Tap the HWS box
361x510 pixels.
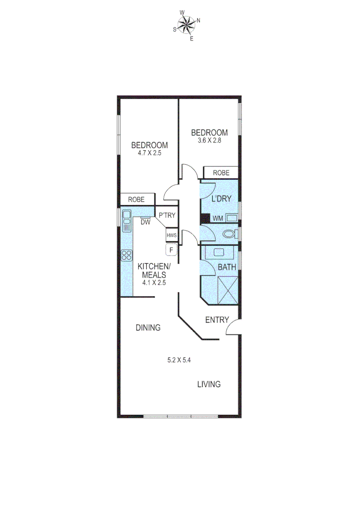click(171, 235)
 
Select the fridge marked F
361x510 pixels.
click(171, 249)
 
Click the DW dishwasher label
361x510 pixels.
click(146, 222)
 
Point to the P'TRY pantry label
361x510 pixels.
click(166, 215)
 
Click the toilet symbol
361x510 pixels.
click(230, 234)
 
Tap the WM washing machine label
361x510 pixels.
click(218, 218)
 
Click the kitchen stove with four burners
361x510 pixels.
click(127, 255)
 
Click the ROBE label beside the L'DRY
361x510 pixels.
click(221, 173)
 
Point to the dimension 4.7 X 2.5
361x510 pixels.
click(149, 153)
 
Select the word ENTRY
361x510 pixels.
click(217, 320)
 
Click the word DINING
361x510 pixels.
click(148, 327)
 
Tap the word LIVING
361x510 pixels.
click(208, 384)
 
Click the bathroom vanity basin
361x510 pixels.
click(219, 252)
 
